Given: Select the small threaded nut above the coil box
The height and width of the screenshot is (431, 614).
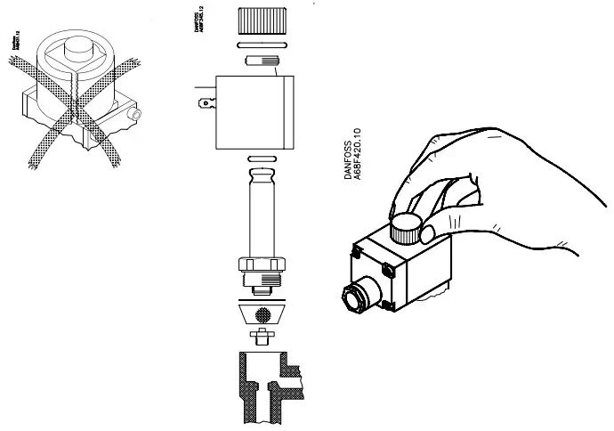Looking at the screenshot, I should [x=261, y=61].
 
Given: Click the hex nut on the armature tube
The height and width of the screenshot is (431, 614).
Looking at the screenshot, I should [x=261, y=264].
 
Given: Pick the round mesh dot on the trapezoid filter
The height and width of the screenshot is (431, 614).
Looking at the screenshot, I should [x=261, y=313].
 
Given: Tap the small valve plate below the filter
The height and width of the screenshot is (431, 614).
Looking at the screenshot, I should [x=261, y=337].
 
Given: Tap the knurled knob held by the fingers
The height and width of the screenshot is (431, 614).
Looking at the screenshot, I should [x=406, y=229].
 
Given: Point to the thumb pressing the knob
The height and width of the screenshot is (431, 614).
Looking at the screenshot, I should [x=429, y=234].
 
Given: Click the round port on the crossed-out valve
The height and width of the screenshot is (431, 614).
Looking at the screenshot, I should [x=133, y=115].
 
